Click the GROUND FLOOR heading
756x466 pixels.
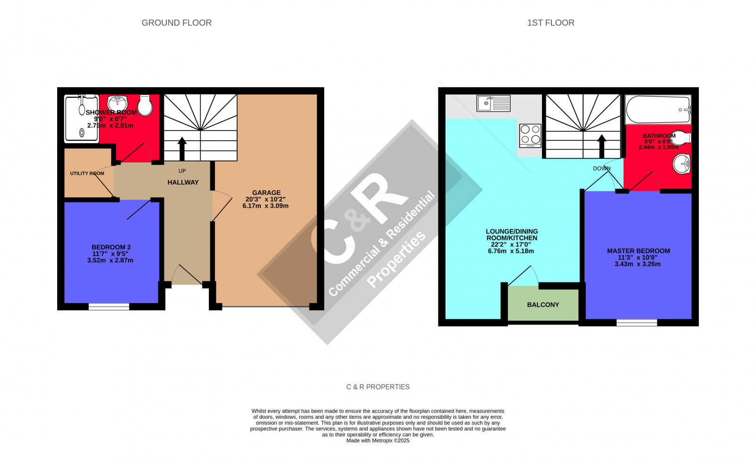pos(176,23)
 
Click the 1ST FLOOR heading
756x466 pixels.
pos(550,23)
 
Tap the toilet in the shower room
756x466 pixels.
pos(146,105)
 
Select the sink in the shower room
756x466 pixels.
pos(117,102)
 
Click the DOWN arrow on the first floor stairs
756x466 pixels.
pos(602,146)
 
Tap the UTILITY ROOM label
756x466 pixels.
pos(87,173)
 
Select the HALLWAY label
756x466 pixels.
pos(183,182)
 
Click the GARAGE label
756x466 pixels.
pos(266,193)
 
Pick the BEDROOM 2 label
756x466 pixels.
pos(111,247)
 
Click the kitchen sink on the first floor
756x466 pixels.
pos(493,103)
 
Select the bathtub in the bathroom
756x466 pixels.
pos(658,110)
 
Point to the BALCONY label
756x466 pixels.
pos(543,305)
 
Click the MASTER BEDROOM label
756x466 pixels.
pos(638,251)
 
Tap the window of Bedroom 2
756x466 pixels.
pos(109,307)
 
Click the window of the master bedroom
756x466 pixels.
pos(636,323)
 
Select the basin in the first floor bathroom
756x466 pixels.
pos(681,164)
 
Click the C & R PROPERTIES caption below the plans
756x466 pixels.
pos(378,387)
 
